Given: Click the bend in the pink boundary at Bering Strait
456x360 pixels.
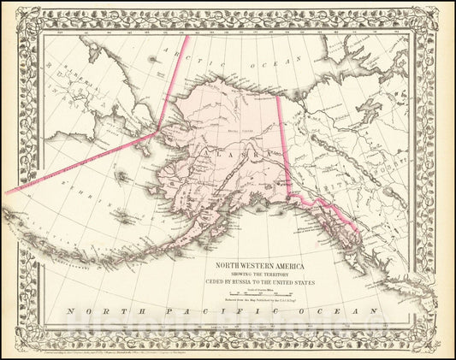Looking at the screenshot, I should pyautogui.click(x=156, y=133).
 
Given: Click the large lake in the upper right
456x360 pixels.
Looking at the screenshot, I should pyautogui.click(x=370, y=107).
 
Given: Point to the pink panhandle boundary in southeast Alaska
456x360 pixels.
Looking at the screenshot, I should pyautogui.click(x=321, y=205).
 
